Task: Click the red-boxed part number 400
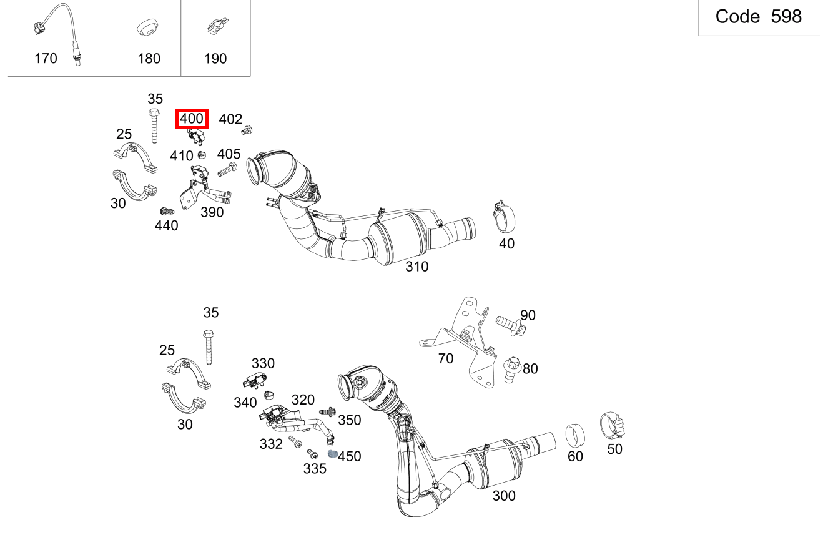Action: [x=192, y=118]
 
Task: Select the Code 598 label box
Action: [x=758, y=17]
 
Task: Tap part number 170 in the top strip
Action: [x=46, y=59]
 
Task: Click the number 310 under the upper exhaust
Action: [x=416, y=267]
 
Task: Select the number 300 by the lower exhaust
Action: [x=503, y=496]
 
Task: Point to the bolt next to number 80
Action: [x=511, y=369]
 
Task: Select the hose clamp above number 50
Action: [x=613, y=426]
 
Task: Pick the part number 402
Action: [x=230, y=119]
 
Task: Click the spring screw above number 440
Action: [x=166, y=212]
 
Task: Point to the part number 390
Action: [x=212, y=212]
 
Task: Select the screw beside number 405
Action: [x=226, y=169]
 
